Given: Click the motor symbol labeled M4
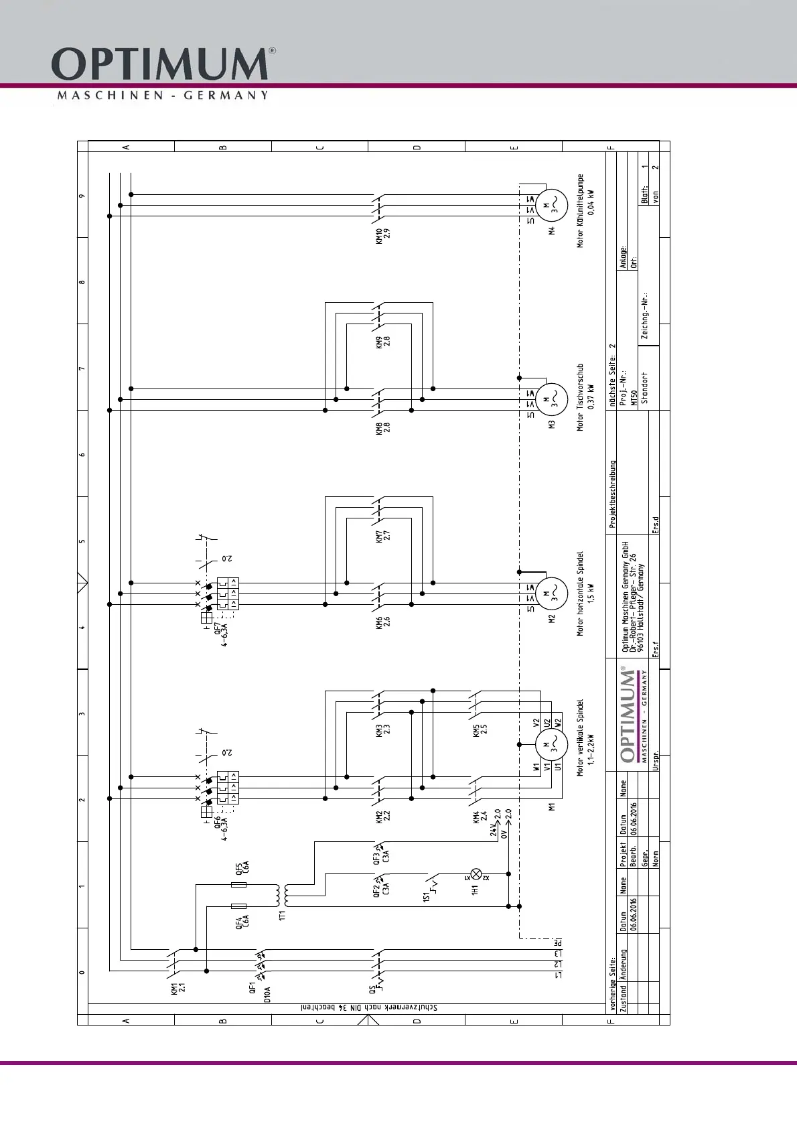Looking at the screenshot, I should click(x=553, y=206).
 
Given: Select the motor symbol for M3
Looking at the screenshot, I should click(x=553, y=400).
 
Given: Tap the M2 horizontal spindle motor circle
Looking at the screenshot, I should click(x=553, y=593).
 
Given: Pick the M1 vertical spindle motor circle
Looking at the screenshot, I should click(x=553, y=744).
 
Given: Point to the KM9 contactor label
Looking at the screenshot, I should click(x=382, y=342).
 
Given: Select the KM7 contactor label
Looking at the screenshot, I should click(x=382, y=536).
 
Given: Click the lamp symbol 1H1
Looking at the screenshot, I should click(x=477, y=874).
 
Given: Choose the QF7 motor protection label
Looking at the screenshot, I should click(x=221, y=637).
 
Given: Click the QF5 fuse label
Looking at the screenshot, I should click(x=242, y=869).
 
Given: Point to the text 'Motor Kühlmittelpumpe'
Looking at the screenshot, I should click(x=581, y=211).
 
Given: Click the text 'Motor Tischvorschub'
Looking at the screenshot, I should click(x=581, y=397).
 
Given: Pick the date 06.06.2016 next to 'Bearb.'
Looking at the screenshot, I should click(x=634, y=815).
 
